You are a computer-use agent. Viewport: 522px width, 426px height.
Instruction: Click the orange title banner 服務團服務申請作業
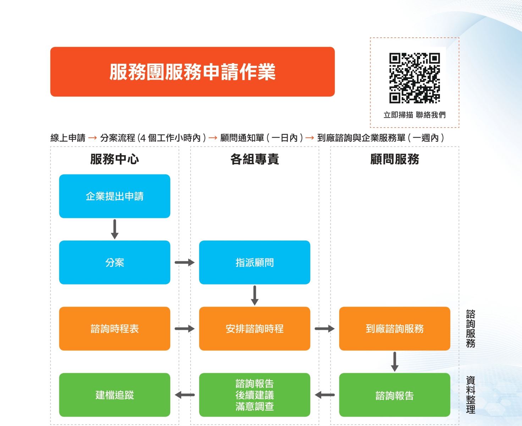point(192,72)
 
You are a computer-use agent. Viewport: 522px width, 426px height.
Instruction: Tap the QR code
point(414,78)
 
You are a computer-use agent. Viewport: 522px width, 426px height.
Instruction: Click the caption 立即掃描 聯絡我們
point(414,115)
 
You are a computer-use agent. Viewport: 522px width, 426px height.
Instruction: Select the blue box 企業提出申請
point(115,196)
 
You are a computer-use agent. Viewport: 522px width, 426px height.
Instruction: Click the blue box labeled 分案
point(115,262)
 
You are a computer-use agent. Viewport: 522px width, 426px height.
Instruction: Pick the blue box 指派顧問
point(254,262)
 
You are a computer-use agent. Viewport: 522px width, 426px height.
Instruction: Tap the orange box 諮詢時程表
point(115,328)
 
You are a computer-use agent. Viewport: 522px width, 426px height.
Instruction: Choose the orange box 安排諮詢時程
point(254,328)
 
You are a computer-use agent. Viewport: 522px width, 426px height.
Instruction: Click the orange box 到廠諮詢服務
point(395,328)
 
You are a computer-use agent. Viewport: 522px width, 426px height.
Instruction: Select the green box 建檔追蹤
point(115,395)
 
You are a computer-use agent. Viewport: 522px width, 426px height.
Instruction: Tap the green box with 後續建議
point(254,395)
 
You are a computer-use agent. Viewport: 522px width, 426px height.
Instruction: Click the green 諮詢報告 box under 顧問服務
point(395,395)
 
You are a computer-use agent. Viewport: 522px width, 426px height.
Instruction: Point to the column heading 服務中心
point(115,159)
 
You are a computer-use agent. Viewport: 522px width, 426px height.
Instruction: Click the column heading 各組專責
point(254,159)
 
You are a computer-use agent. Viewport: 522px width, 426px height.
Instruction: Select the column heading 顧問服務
point(395,159)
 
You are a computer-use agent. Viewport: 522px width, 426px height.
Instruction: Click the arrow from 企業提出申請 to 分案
point(115,229)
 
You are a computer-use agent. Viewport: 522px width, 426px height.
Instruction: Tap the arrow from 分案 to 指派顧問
point(185,262)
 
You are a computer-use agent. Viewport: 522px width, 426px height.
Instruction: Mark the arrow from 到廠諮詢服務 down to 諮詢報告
point(395,361)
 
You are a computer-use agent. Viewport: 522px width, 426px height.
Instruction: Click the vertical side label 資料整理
point(471,394)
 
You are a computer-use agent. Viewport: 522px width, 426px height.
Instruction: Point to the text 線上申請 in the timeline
point(68,138)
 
